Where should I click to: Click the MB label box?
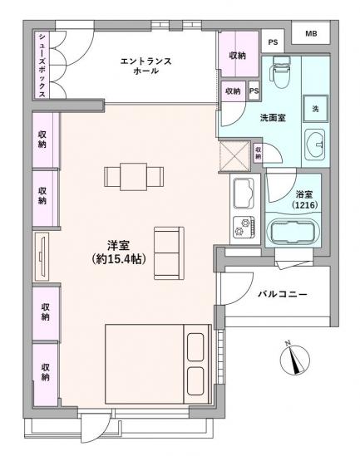click(310, 34)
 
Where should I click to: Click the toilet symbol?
click(280, 76)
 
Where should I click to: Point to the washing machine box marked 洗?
click(316, 109)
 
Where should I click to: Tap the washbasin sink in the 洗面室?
click(316, 144)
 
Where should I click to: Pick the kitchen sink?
click(244, 195)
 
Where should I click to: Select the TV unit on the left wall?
click(42, 256)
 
